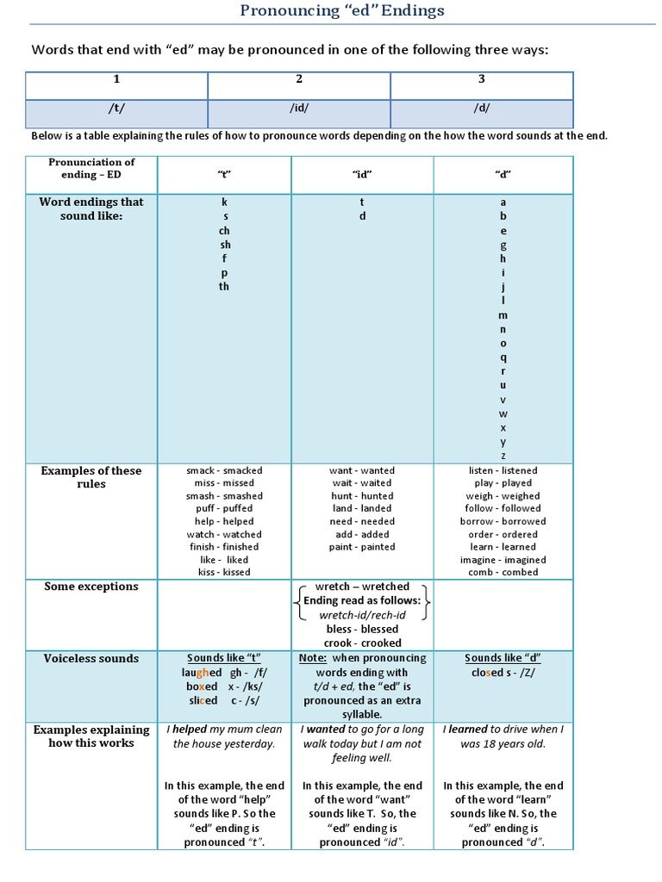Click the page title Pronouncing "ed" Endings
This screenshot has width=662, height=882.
point(342,11)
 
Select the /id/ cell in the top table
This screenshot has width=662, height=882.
point(299,109)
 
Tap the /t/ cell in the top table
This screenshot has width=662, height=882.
point(116,109)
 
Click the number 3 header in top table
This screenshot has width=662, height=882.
point(481,79)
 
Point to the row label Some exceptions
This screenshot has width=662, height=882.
point(91,587)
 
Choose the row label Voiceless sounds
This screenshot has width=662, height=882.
point(91,659)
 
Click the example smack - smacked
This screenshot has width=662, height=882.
point(224,471)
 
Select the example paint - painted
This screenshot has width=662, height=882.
point(362,547)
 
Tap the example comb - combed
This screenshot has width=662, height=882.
point(503,572)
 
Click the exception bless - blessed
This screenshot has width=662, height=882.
point(362,630)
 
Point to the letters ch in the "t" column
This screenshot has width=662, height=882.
point(224,231)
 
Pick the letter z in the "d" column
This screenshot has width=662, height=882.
point(503,456)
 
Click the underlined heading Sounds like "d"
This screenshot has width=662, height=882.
point(503,658)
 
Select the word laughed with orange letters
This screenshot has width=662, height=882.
point(202,673)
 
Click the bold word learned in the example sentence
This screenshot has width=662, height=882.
point(467,730)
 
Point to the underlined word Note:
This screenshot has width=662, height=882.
point(312,658)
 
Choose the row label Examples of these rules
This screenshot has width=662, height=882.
point(91,477)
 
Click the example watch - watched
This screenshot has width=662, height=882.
point(224,534)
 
